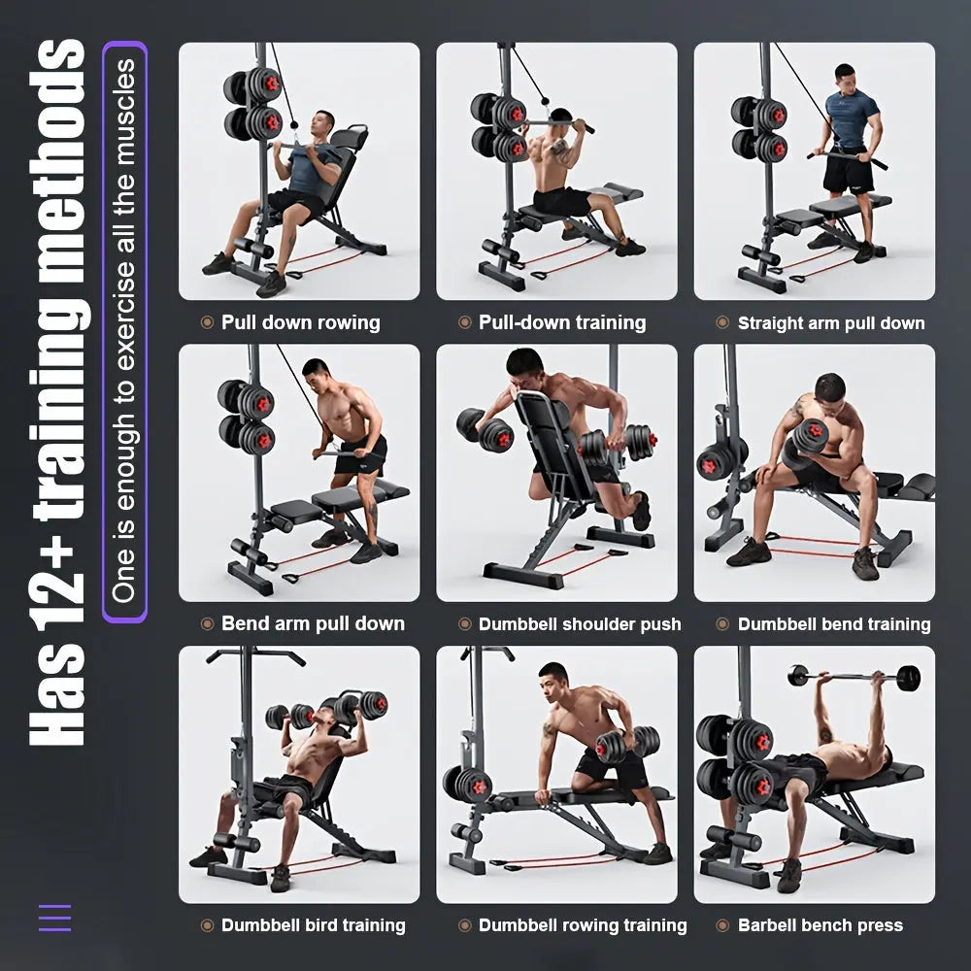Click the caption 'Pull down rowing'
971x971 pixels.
(x=300, y=322)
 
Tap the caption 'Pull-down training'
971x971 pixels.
(x=562, y=322)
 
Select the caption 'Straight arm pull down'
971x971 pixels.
(x=831, y=322)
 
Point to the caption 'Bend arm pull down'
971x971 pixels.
(x=313, y=623)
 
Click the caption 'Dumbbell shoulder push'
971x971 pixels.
(x=580, y=624)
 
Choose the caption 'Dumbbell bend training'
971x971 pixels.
(x=834, y=624)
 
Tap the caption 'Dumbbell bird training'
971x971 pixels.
(x=313, y=925)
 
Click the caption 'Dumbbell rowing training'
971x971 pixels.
(x=583, y=925)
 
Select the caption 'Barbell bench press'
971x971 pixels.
(x=820, y=925)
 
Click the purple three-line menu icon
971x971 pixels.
(x=54, y=918)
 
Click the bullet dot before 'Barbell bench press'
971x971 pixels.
(x=722, y=925)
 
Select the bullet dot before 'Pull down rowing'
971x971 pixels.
(x=207, y=322)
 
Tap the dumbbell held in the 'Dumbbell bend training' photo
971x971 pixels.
(x=810, y=439)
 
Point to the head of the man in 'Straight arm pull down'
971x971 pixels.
(x=845, y=78)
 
